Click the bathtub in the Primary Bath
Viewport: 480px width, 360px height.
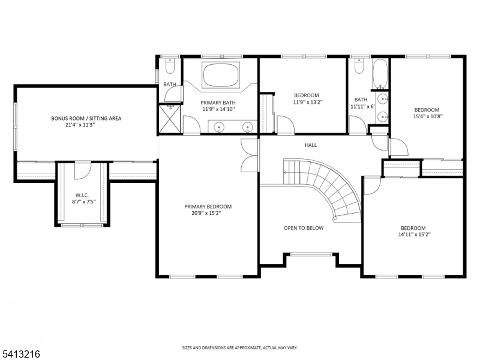[x=221, y=75]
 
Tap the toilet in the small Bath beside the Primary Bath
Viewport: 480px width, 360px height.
[x=170, y=65]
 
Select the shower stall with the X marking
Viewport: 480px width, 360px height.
[x=170, y=119]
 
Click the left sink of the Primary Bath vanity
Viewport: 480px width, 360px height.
[x=219, y=127]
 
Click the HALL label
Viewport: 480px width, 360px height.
[x=311, y=145]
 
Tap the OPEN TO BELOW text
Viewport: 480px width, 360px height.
[x=304, y=228]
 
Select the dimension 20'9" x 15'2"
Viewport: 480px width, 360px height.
[x=206, y=213]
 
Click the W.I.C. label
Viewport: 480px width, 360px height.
[x=82, y=196]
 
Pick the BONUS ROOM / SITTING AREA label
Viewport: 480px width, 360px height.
[x=86, y=118]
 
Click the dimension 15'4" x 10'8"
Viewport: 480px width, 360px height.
[x=428, y=116]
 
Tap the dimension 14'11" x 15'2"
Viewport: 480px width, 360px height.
[x=415, y=235]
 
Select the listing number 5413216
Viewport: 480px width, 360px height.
[x=20, y=354]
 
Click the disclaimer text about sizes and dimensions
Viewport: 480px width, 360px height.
[x=239, y=348]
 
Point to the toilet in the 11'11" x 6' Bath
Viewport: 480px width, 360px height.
[x=359, y=66]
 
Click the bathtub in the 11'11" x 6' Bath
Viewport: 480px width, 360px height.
[x=380, y=74]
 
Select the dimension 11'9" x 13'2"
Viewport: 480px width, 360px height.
[x=308, y=102]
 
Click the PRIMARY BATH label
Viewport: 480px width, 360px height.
[x=218, y=103]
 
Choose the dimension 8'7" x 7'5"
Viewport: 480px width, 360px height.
[x=84, y=202]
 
